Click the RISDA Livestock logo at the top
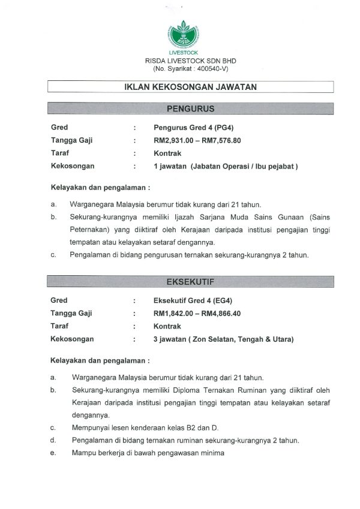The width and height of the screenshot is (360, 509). (179, 37)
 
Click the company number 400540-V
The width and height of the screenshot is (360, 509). (195, 69)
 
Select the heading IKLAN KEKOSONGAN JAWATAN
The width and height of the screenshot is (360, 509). (190, 87)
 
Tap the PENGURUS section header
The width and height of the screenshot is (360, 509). (190, 109)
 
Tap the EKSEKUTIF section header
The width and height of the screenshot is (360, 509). (190, 281)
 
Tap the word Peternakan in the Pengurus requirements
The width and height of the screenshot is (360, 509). (92, 229)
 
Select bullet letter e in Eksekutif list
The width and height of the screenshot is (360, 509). (53, 453)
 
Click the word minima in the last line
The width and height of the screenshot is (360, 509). (211, 453)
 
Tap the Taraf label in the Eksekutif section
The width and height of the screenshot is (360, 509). (59, 326)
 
